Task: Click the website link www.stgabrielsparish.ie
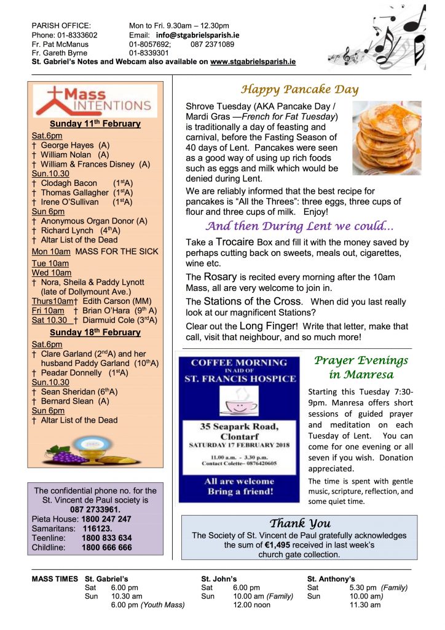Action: coord(253,62)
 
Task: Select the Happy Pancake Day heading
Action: coord(299,90)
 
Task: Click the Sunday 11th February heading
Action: coord(95,124)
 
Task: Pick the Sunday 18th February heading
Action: coord(95,332)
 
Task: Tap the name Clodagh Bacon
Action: coord(69,183)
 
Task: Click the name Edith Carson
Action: coord(104,301)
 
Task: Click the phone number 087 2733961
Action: coord(95,510)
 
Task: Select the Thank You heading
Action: coord(299,524)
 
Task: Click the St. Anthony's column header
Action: coord(331,579)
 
